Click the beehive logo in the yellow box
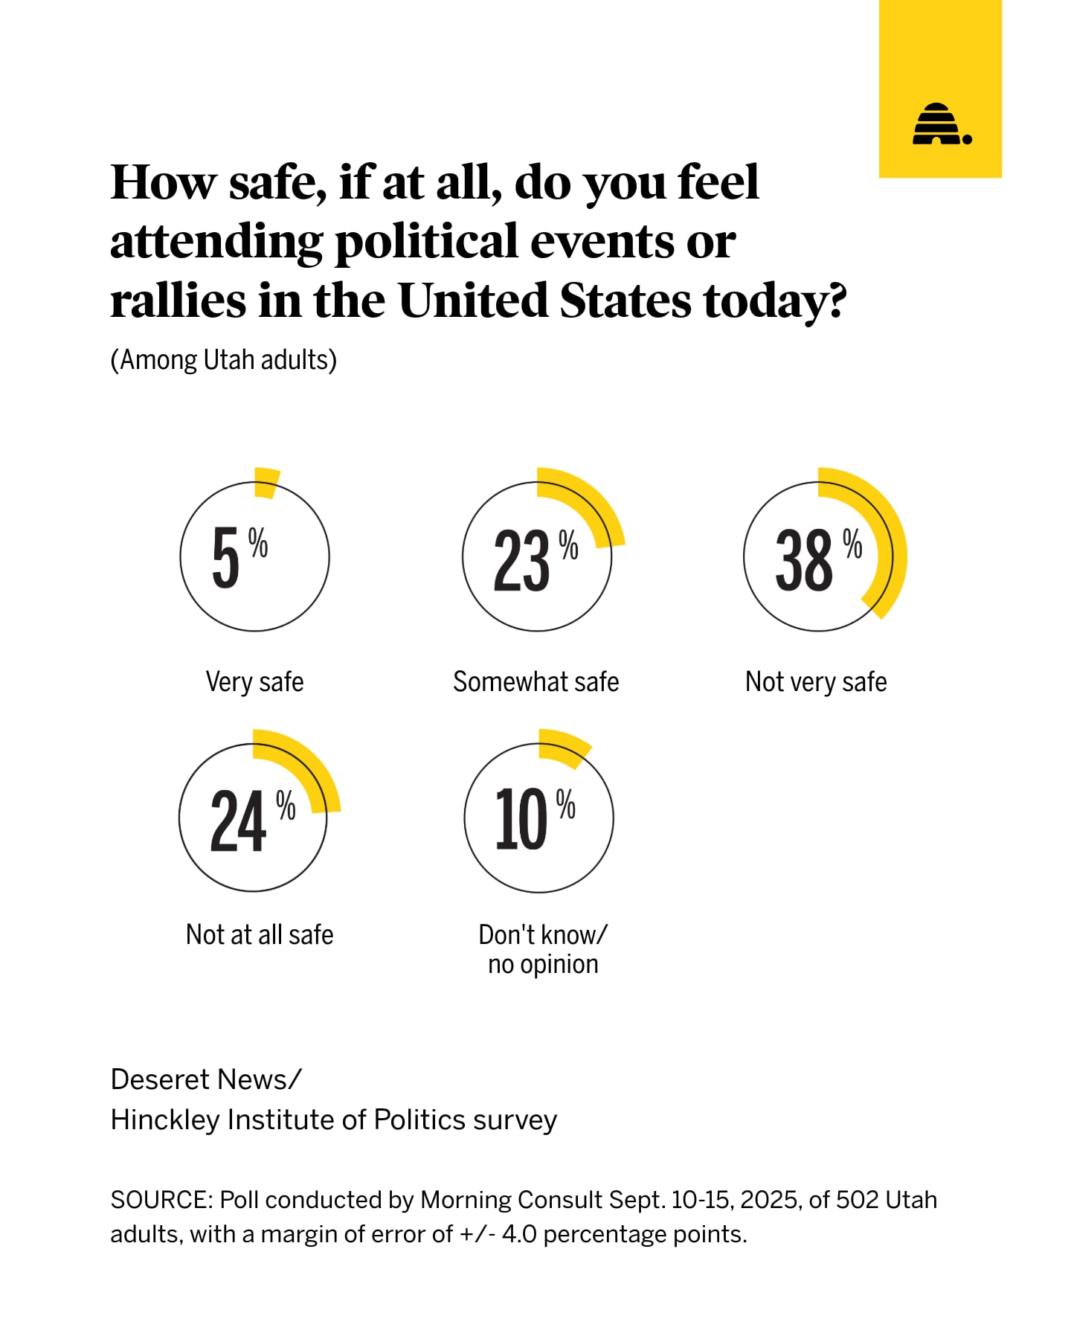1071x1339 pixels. click(x=941, y=124)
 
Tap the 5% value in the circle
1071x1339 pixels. click(x=238, y=556)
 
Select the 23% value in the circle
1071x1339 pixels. click(x=534, y=559)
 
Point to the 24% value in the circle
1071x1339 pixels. click(x=251, y=820)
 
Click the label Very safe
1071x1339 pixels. click(x=254, y=681)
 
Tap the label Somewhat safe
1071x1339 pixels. click(x=535, y=681)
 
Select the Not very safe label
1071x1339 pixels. click(x=816, y=681)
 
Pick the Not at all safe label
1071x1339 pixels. click(x=260, y=934)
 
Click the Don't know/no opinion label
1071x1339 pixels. click(x=543, y=949)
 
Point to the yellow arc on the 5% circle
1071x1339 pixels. click(x=266, y=482)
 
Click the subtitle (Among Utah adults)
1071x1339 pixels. click(x=223, y=360)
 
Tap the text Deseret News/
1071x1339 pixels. click(x=206, y=1079)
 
